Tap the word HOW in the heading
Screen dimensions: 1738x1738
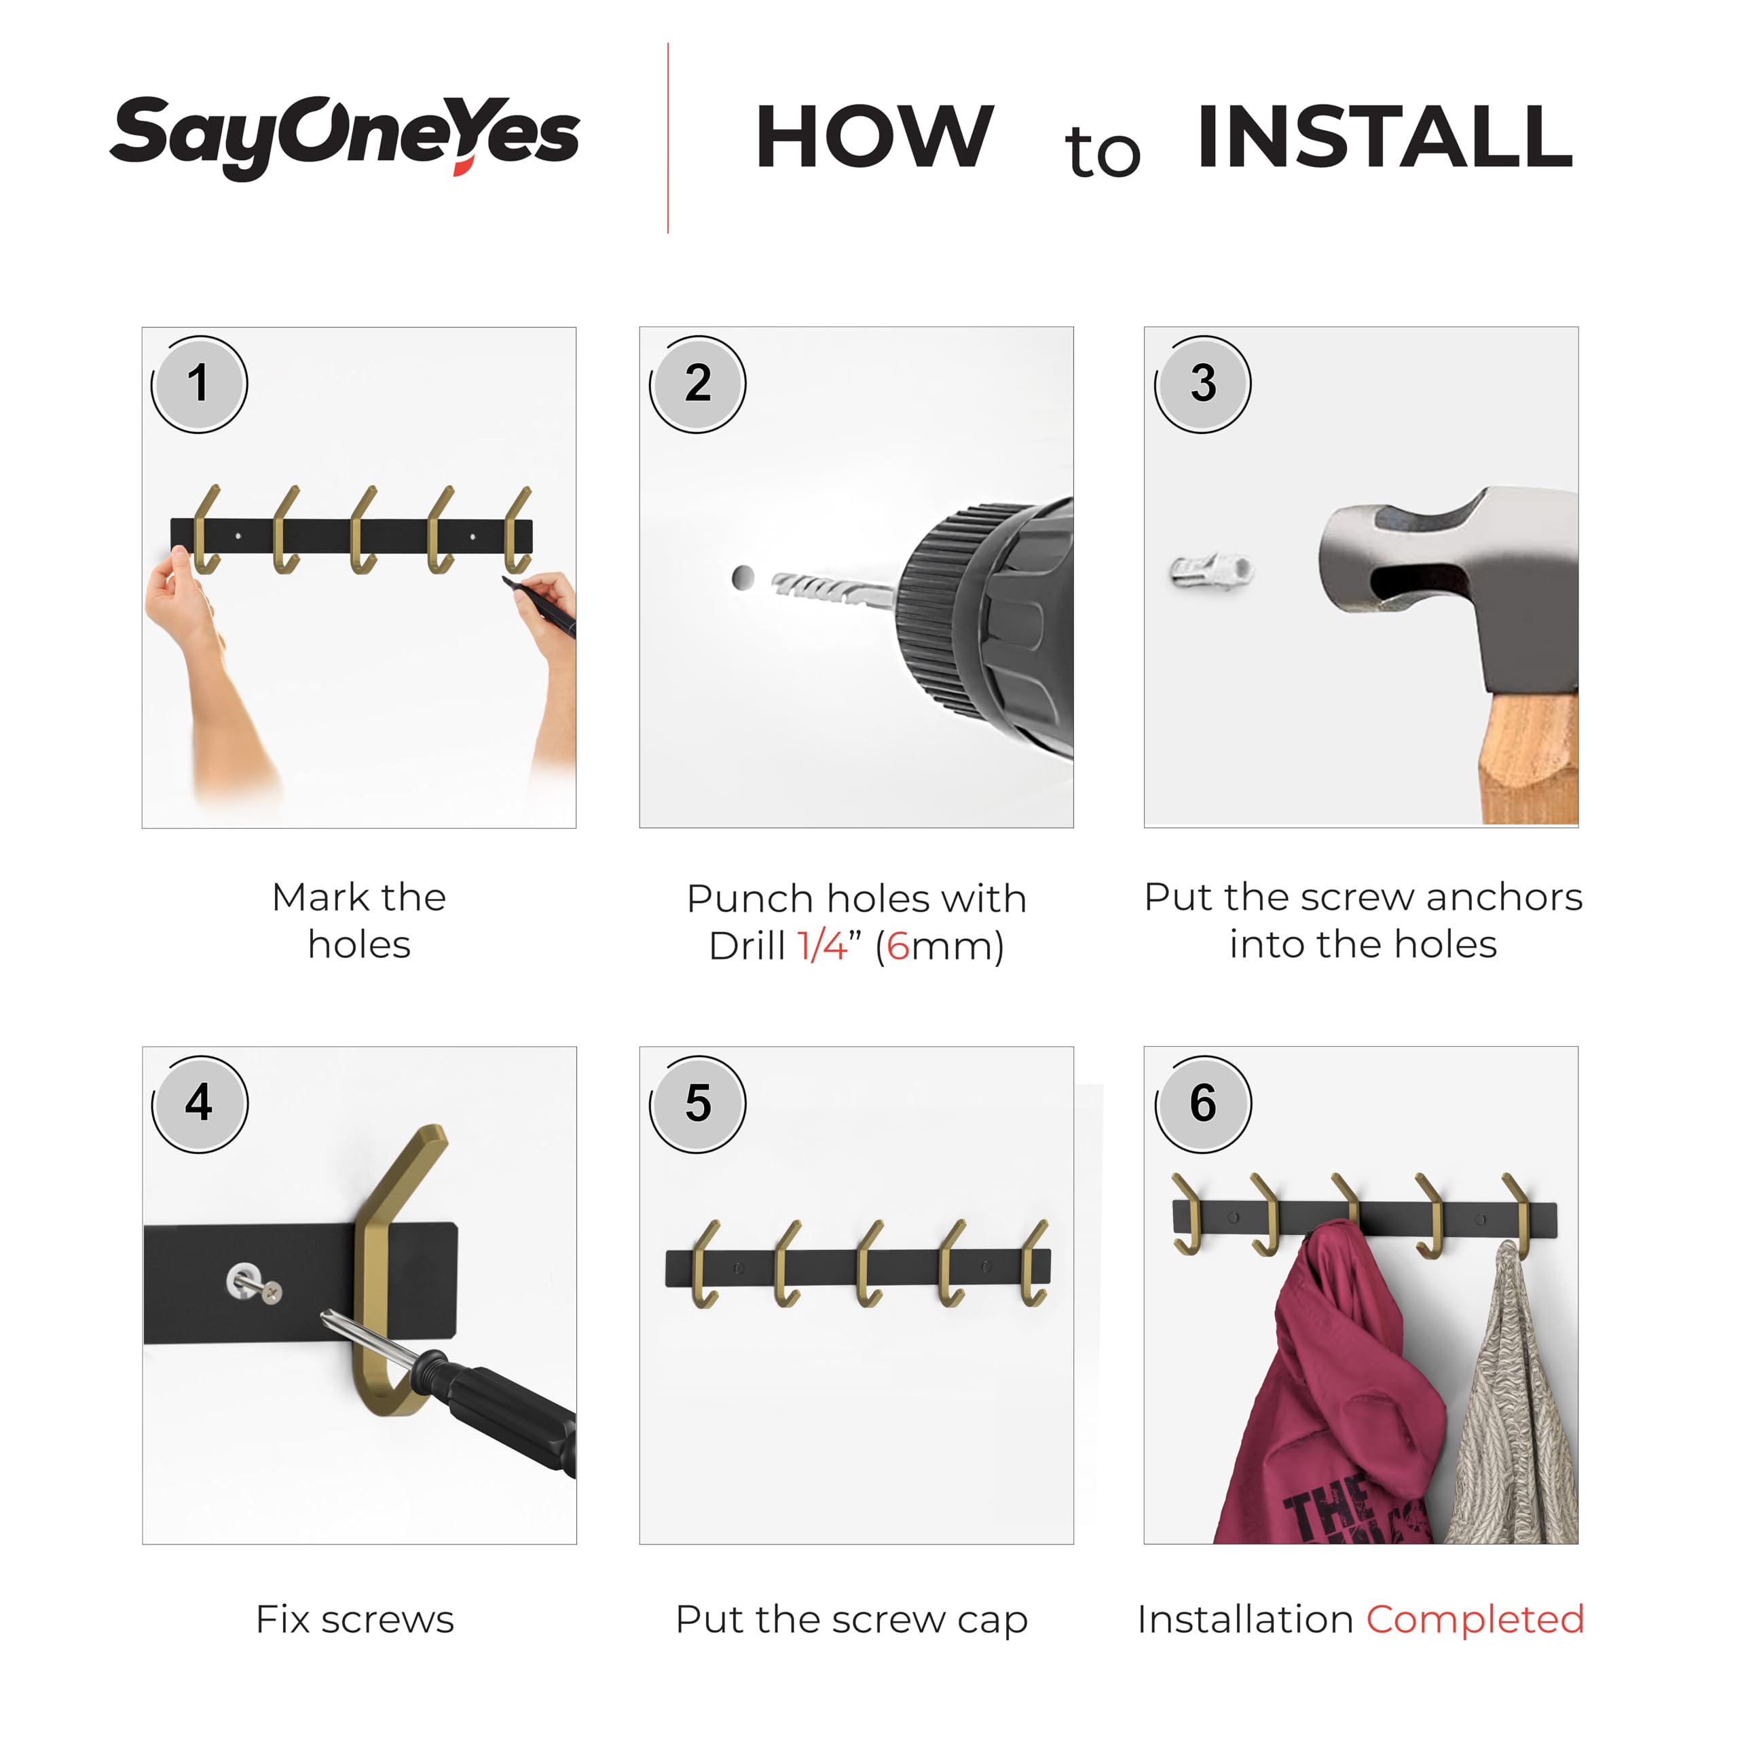click(x=874, y=136)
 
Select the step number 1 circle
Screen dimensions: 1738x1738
click(x=199, y=384)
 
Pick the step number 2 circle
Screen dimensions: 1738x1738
click(x=697, y=384)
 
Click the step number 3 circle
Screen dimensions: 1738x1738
click(x=1203, y=384)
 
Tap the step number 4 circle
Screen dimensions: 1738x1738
click(x=199, y=1104)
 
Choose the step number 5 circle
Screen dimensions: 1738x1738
click(x=697, y=1104)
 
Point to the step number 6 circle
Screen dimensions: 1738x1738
click(x=1203, y=1104)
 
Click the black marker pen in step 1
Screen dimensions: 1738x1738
click(x=540, y=606)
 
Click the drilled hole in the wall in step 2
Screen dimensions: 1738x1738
click(x=743, y=578)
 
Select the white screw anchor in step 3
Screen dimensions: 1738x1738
click(x=1212, y=570)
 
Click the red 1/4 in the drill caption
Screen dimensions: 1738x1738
click(x=822, y=946)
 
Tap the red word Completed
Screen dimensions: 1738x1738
click(x=1475, y=1620)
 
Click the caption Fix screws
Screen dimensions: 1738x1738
click(x=355, y=1619)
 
